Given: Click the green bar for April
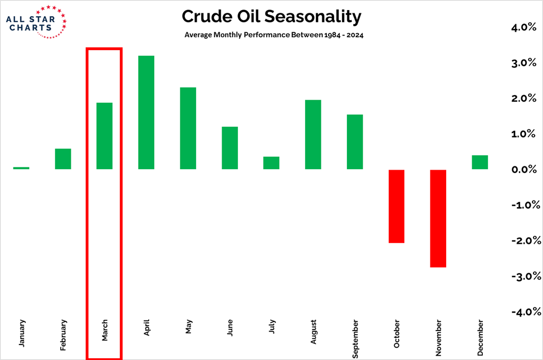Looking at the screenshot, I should [146, 112].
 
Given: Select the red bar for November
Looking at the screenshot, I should [438, 218].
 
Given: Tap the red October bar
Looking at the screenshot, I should [396, 206].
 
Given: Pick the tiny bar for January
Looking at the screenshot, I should [21, 168].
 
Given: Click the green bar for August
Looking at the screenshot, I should [313, 135].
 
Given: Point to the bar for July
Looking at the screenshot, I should [271, 163].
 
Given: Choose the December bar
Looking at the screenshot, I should [480, 162].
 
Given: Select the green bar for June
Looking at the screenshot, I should [229, 148].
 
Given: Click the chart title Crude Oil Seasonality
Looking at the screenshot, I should [271, 17].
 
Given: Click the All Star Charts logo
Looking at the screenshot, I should [36, 22].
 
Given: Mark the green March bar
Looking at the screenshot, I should [104, 136].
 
